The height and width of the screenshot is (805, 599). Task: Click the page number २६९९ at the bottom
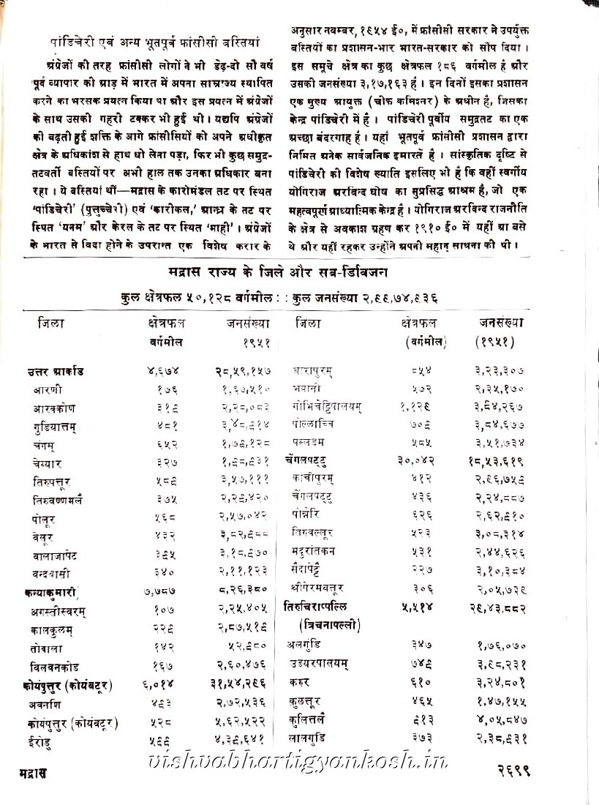pos(512,771)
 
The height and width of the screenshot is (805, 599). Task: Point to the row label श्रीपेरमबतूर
pos(317,587)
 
